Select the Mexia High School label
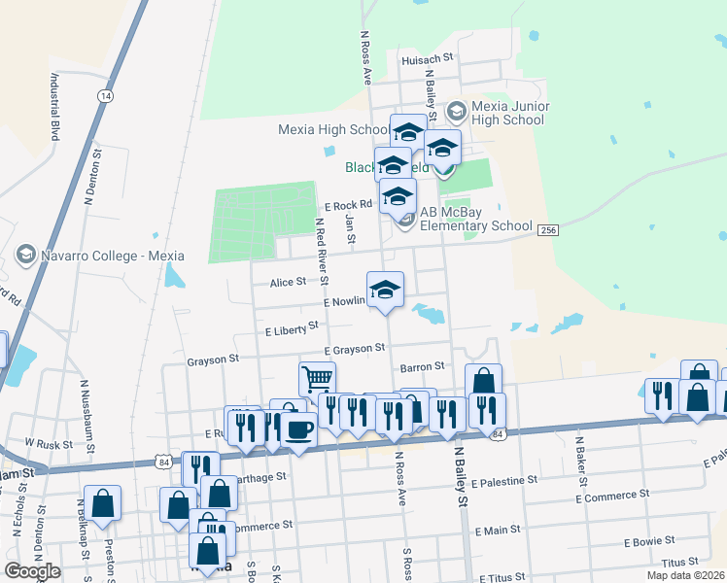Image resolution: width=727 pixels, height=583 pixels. click(333, 129)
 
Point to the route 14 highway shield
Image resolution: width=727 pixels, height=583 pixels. click(105, 96)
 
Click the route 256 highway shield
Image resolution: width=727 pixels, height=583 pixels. click(547, 228)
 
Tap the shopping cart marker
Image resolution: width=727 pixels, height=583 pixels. click(317, 379)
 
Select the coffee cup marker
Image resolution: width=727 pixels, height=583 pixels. click(298, 429)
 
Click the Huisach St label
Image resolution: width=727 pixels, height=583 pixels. click(428, 58)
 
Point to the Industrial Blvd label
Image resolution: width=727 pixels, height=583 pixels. click(55, 108)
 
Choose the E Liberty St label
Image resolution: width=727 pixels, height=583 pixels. click(292, 328)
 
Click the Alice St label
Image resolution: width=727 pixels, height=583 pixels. click(288, 282)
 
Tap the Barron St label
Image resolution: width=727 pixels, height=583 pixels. click(422, 367)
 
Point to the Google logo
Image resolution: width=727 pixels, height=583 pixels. click(32, 571)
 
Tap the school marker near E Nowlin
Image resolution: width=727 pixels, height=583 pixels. click(386, 290)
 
